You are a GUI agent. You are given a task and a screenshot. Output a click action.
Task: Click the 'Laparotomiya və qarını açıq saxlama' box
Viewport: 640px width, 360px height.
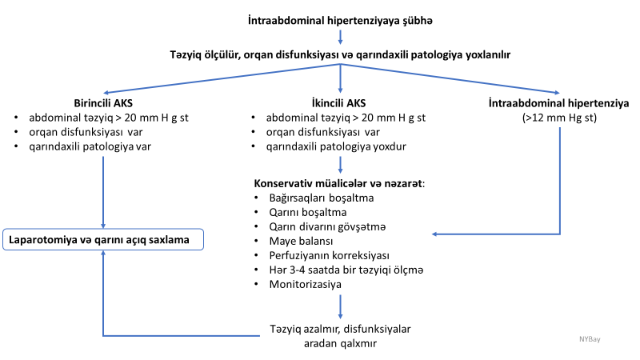[x=103, y=238]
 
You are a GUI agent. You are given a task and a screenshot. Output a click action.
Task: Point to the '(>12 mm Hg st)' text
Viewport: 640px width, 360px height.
[x=559, y=118]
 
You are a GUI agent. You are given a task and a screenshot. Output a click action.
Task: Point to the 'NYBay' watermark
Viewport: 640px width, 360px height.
[x=590, y=338]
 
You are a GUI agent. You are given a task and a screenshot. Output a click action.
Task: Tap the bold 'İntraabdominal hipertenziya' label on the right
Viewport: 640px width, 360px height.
[x=559, y=102]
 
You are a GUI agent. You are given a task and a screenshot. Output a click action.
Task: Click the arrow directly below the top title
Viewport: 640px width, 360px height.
[x=342, y=35]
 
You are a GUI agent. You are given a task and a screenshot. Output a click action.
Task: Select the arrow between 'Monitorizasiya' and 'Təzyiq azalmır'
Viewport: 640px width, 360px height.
[x=342, y=306]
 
